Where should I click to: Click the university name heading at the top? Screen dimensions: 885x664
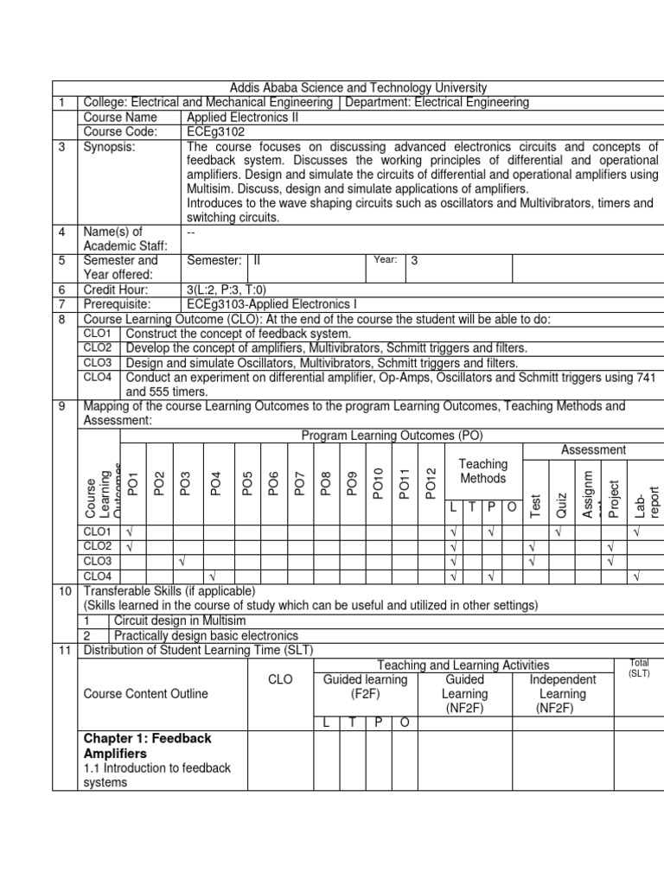coord(357,88)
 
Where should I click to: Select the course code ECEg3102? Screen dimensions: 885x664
coord(215,131)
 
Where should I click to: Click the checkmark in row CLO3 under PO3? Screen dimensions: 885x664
coord(183,561)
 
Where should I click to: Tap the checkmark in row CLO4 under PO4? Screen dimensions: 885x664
coord(212,576)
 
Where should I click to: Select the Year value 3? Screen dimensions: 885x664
coord(414,260)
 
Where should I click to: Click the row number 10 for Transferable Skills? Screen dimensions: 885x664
coord(64,590)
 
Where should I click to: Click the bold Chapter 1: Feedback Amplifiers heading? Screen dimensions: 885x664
coord(147,746)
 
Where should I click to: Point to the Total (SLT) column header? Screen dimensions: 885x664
coord(639,667)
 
